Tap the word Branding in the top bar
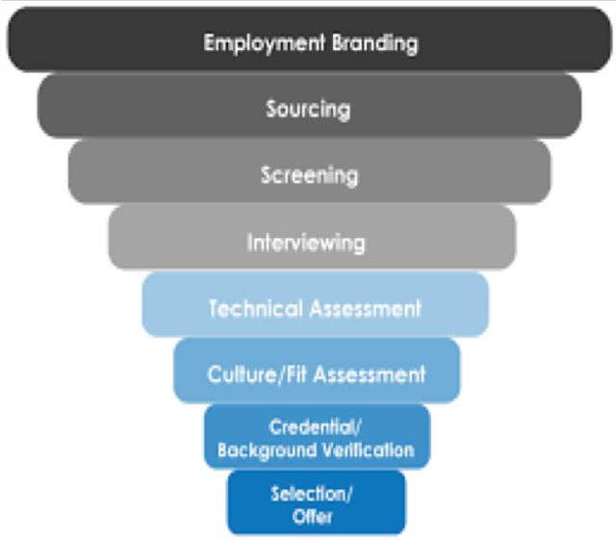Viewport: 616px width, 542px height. click(x=371, y=44)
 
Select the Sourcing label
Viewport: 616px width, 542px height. click(x=309, y=109)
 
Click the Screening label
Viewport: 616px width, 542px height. click(x=309, y=175)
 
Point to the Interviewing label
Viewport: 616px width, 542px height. click(x=306, y=242)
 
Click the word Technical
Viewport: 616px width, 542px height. click(x=256, y=308)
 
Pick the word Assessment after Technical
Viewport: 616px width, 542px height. click(x=367, y=308)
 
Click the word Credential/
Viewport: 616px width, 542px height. click(x=317, y=429)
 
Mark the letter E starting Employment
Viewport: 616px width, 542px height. click(x=209, y=44)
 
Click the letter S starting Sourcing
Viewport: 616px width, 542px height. click(x=271, y=109)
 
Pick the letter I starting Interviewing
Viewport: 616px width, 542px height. click(x=249, y=242)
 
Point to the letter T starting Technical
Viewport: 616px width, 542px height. click(x=214, y=308)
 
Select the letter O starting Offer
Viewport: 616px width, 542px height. click(x=296, y=516)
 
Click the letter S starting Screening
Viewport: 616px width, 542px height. click(x=266, y=175)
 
